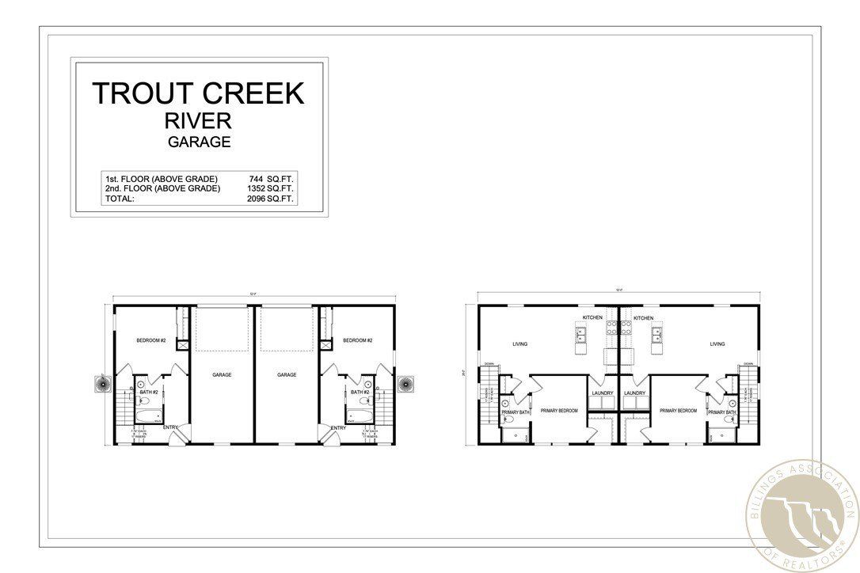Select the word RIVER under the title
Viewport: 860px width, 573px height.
click(199, 121)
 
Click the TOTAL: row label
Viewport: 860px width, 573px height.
click(120, 199)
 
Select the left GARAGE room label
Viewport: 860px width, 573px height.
click(222, 374)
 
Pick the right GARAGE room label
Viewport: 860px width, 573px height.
click(287, 374)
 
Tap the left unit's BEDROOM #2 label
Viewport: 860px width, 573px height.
click(150, 340)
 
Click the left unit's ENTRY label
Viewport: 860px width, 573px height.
click(171, 428)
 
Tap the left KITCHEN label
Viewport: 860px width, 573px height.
click(592, 317)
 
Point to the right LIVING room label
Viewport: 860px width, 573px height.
click(717, 344)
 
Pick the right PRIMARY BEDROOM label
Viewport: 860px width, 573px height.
click(678, 411)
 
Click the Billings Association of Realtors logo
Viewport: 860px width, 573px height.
click(801, 515)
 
